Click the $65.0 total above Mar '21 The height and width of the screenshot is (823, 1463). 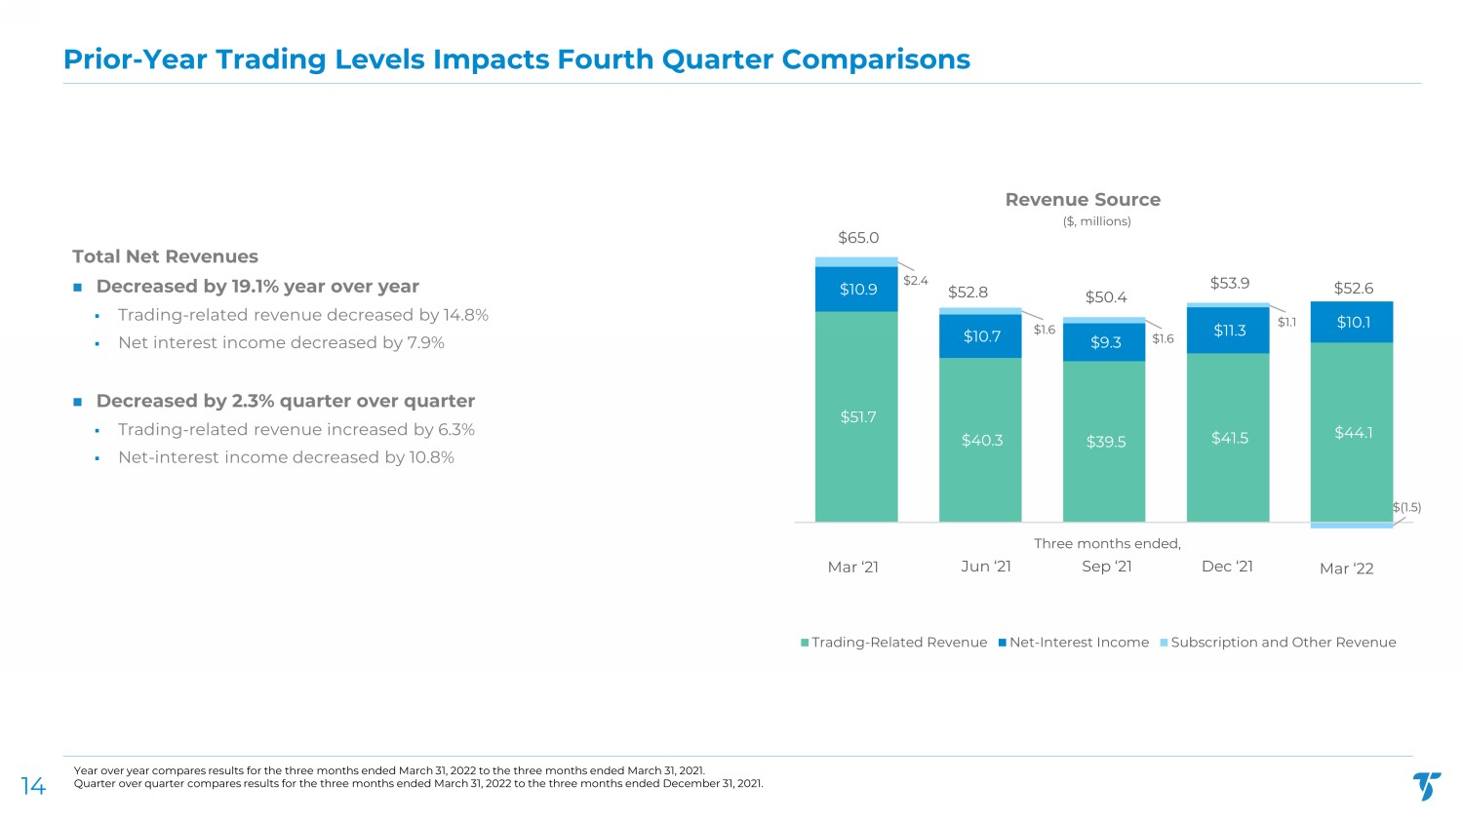point(858,238)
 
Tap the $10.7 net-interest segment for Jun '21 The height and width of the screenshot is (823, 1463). point(980,336)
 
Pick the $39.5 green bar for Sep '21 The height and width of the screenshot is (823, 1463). point(1104,442)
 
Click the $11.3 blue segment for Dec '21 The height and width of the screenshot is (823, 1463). point(1228,331)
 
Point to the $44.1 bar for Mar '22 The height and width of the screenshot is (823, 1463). point(1352,432)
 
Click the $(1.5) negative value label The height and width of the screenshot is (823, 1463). point(1406,507)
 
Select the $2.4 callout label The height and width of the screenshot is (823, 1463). point(915,281)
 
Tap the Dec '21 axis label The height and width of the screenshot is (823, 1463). point(1227,567)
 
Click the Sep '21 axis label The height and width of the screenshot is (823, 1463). point(1107,567)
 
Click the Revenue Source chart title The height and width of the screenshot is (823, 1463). point(1083,200)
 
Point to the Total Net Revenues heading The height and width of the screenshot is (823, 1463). point(165,256)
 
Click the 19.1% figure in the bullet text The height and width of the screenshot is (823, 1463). point(255,287)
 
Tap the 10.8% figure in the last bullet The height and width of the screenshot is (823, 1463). point(431,457)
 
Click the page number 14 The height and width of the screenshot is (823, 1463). point(33,787)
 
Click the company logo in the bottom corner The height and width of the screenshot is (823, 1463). point(1427,786)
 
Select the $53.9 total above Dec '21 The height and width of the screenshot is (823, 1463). point(1229,283)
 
